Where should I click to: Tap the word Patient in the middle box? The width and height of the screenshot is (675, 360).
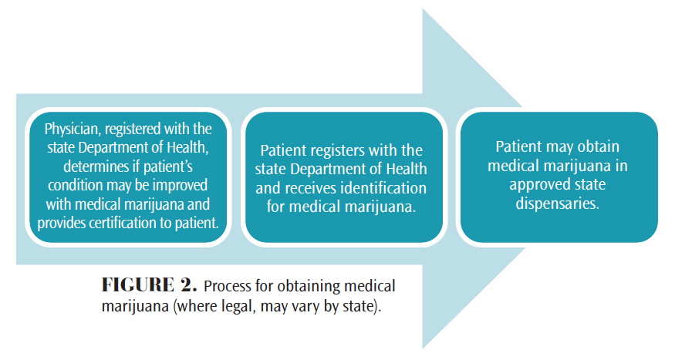(286, 151)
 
